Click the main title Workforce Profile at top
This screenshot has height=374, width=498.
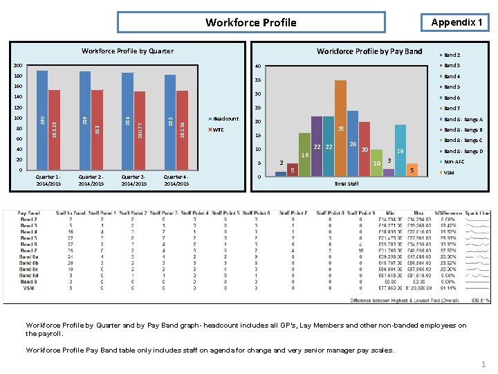(x=251, y=23)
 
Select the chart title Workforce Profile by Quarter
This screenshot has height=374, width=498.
(x=127, y=51)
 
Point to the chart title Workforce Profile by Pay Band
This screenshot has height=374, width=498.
(x=369, y=51)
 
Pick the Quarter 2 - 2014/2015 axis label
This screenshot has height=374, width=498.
(x=91, y=180)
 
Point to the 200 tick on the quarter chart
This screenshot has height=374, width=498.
(x=18, y=66)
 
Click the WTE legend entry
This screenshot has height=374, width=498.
(x=217, y=130)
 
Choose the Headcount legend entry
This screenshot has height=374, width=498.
(x=225, y=118)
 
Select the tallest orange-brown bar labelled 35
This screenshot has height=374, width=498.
(x=340, y=128)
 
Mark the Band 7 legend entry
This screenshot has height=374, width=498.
(x=452, y=108)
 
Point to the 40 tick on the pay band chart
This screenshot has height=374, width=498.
(x=257, y=66)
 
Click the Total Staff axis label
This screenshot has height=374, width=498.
(x=346, y=184)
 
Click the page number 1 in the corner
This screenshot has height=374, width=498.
(x=483, y=364)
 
